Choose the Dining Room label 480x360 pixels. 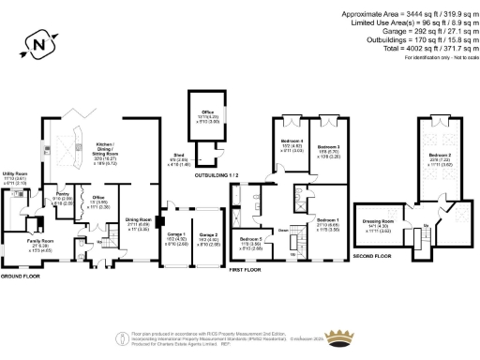click(139, 221)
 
